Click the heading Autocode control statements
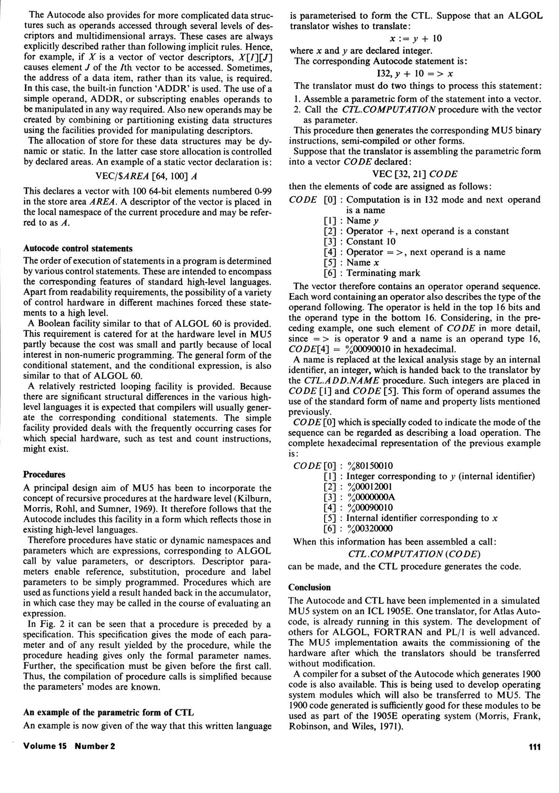tap(78, 248)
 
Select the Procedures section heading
tap(44, 475)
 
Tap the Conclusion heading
tap(310, 587)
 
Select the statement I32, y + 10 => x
tap(415, 74)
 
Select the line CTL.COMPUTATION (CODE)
tap(414, 554)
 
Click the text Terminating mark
tap(383, 273)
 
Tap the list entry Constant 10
tap(371, 241)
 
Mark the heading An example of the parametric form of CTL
tap(109, 712)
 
